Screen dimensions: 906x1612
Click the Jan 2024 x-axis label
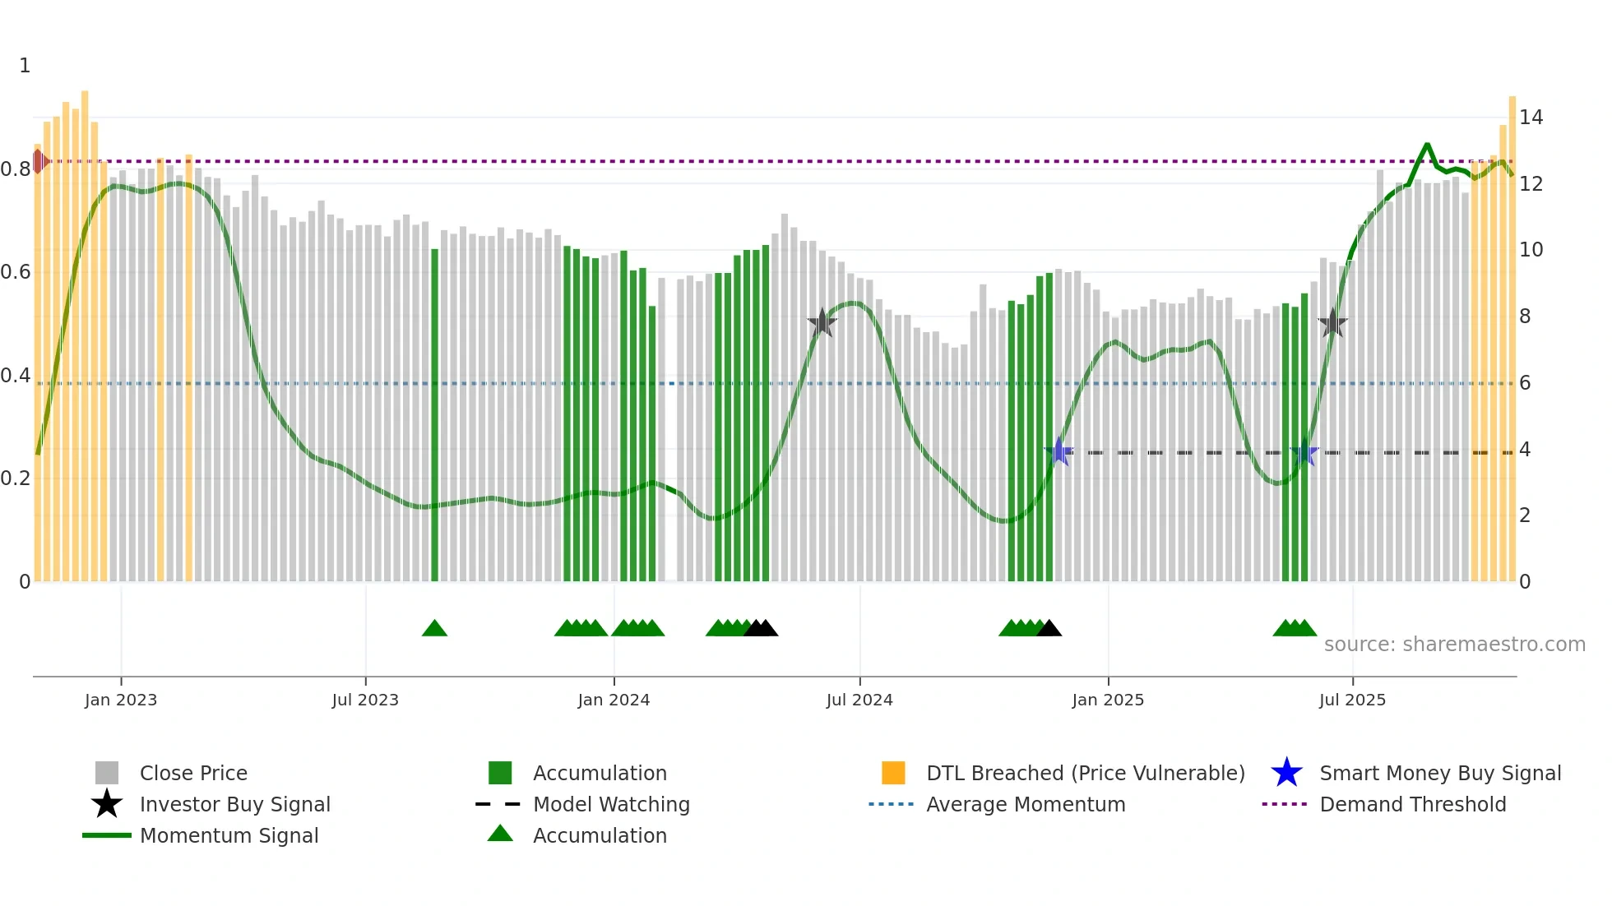click(614, 700)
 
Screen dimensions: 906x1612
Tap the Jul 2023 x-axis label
click(365, 700)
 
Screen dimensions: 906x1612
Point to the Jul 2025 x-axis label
click(1352, 700)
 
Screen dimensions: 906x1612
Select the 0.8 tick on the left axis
click(16, 169)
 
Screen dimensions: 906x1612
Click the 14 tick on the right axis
click(1531, 118)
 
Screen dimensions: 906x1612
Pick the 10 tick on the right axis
click(1531, 250)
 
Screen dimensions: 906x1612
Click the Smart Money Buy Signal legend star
click(1286, 773)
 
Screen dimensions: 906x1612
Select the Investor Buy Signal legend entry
click(234, 804)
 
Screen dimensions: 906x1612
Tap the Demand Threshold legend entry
click(1412, 804)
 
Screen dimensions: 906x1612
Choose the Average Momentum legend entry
click(1025, 804)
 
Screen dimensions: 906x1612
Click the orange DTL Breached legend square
click(893, 773)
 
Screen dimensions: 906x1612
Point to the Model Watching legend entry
click(610, 804)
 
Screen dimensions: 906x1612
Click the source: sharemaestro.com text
click(1454, 645)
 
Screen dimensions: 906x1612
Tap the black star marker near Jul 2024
click(822, 323)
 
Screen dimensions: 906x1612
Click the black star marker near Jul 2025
click(1332, 323)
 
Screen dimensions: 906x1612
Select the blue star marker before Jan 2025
click(1059, 451)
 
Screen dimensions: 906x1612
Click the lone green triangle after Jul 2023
click(434, 629)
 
